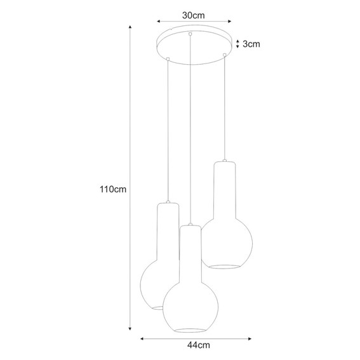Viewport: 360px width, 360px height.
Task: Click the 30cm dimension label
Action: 194,14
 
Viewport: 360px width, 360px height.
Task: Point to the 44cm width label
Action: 198,346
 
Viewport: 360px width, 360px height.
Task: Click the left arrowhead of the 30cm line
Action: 158,20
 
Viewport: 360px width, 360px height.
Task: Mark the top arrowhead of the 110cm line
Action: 130,28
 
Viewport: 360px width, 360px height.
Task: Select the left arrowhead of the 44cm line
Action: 142,338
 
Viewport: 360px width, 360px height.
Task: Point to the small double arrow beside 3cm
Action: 237,44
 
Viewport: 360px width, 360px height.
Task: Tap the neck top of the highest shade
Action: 225,163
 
